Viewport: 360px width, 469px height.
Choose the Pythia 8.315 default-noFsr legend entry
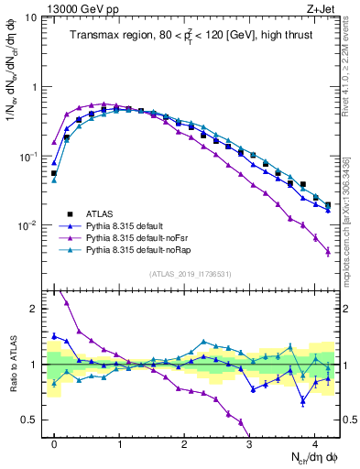[137, 235]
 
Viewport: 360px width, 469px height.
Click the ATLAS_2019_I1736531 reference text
[183, 274]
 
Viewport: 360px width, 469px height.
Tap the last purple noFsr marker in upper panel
[327, 251]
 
